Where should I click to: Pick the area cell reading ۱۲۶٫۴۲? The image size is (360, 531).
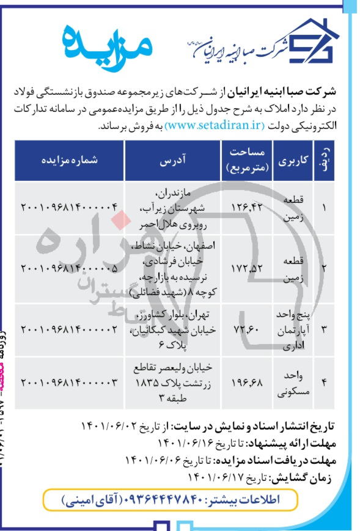click(248, 208)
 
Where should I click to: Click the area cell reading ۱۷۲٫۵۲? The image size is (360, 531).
click(248, 268)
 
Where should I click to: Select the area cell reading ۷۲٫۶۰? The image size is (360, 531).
click(248, 329)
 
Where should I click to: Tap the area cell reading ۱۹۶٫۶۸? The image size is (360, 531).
click(248, 383)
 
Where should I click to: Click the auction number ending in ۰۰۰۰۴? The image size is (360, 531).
click(69, 208)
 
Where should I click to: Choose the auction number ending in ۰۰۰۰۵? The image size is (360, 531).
click(69, 268)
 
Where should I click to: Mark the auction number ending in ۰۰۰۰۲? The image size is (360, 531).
click(69, 329)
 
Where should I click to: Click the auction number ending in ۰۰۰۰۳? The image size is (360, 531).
click(69, 383)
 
